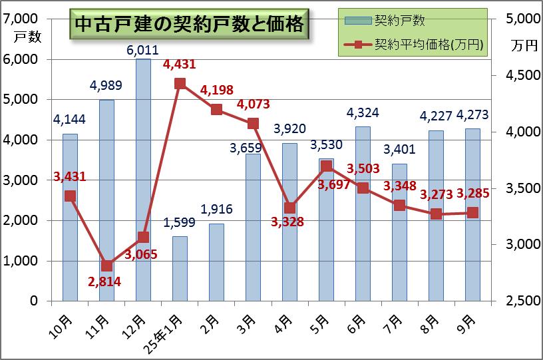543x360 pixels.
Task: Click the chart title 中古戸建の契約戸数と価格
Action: [x=189, y=24]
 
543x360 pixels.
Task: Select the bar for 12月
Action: [x=143, y=180]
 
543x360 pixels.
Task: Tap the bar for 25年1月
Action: [x=180, y=269]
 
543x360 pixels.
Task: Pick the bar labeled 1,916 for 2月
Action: [x=216, y=262]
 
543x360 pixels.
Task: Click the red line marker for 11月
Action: [x=107, y=266]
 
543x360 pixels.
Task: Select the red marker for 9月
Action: [x=472, y=212]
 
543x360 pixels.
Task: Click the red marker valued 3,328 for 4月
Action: [x=290, y=208]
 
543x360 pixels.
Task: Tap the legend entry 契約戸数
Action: [x=385, y=21]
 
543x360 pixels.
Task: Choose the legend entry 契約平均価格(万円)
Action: [x=413, y=45]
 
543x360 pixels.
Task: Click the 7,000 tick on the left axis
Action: [x=20, y=19]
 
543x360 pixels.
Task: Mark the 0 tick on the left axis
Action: [x=33, y=301]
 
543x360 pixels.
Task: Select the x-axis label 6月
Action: [x=357, y=324]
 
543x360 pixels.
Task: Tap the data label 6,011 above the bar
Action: [x=142, y=50]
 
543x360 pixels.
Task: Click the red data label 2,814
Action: [x=104, y=281]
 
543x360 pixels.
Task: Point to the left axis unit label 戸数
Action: [x=28, y=37]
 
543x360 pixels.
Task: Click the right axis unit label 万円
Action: [x=524, y=46]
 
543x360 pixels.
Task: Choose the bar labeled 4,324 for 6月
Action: [x=363, y=214]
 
